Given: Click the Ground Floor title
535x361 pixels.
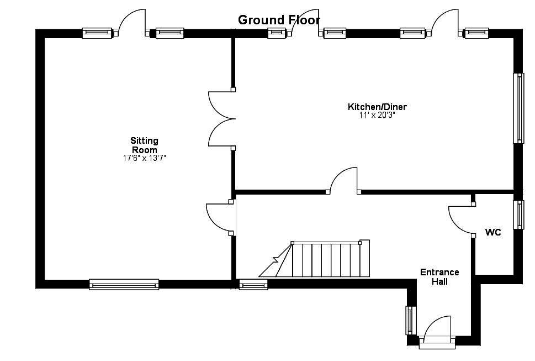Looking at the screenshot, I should click(279, 20).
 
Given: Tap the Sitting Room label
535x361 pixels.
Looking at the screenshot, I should click(144, 145).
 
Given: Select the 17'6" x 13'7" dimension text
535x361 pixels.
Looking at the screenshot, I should click(144, 158).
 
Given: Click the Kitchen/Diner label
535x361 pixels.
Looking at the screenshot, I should click(377, 107).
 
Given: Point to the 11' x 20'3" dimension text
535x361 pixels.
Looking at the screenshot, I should click(377, 116).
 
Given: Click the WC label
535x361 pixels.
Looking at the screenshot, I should click(493, 233).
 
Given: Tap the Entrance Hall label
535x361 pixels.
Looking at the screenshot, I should click(439, 276).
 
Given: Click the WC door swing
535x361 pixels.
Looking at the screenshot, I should click(462, 220).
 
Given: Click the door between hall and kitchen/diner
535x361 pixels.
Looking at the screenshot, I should click(343, 181).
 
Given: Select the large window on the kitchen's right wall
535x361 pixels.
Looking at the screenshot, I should click(518, 108).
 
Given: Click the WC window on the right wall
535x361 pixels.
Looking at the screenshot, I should click(518, 214).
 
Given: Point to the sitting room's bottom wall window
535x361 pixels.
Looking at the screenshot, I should click(124, 284).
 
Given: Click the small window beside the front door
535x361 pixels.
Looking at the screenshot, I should click(410, 320).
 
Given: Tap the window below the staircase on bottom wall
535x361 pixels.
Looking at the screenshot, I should click(253, 285).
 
